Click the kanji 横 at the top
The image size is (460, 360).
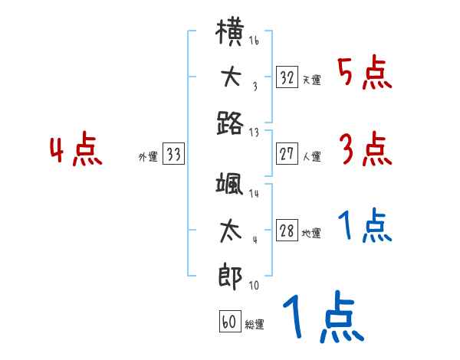[x=231, y=34]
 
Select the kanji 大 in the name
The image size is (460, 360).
[x=231, y=77]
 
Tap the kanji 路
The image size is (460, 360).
[x=231, y=123]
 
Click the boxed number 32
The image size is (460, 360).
[x=287, y=77]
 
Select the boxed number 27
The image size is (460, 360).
[x=287, y=154]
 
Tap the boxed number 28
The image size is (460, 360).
[x=287, y=231]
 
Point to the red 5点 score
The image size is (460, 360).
[x=364, y=74]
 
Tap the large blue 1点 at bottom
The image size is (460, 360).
[x=322, y=318]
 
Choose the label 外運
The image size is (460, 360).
[x=148, y=157]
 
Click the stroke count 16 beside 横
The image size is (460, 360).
[x=254, y=41]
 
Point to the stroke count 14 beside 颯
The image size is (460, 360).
[x=254, y=195]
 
